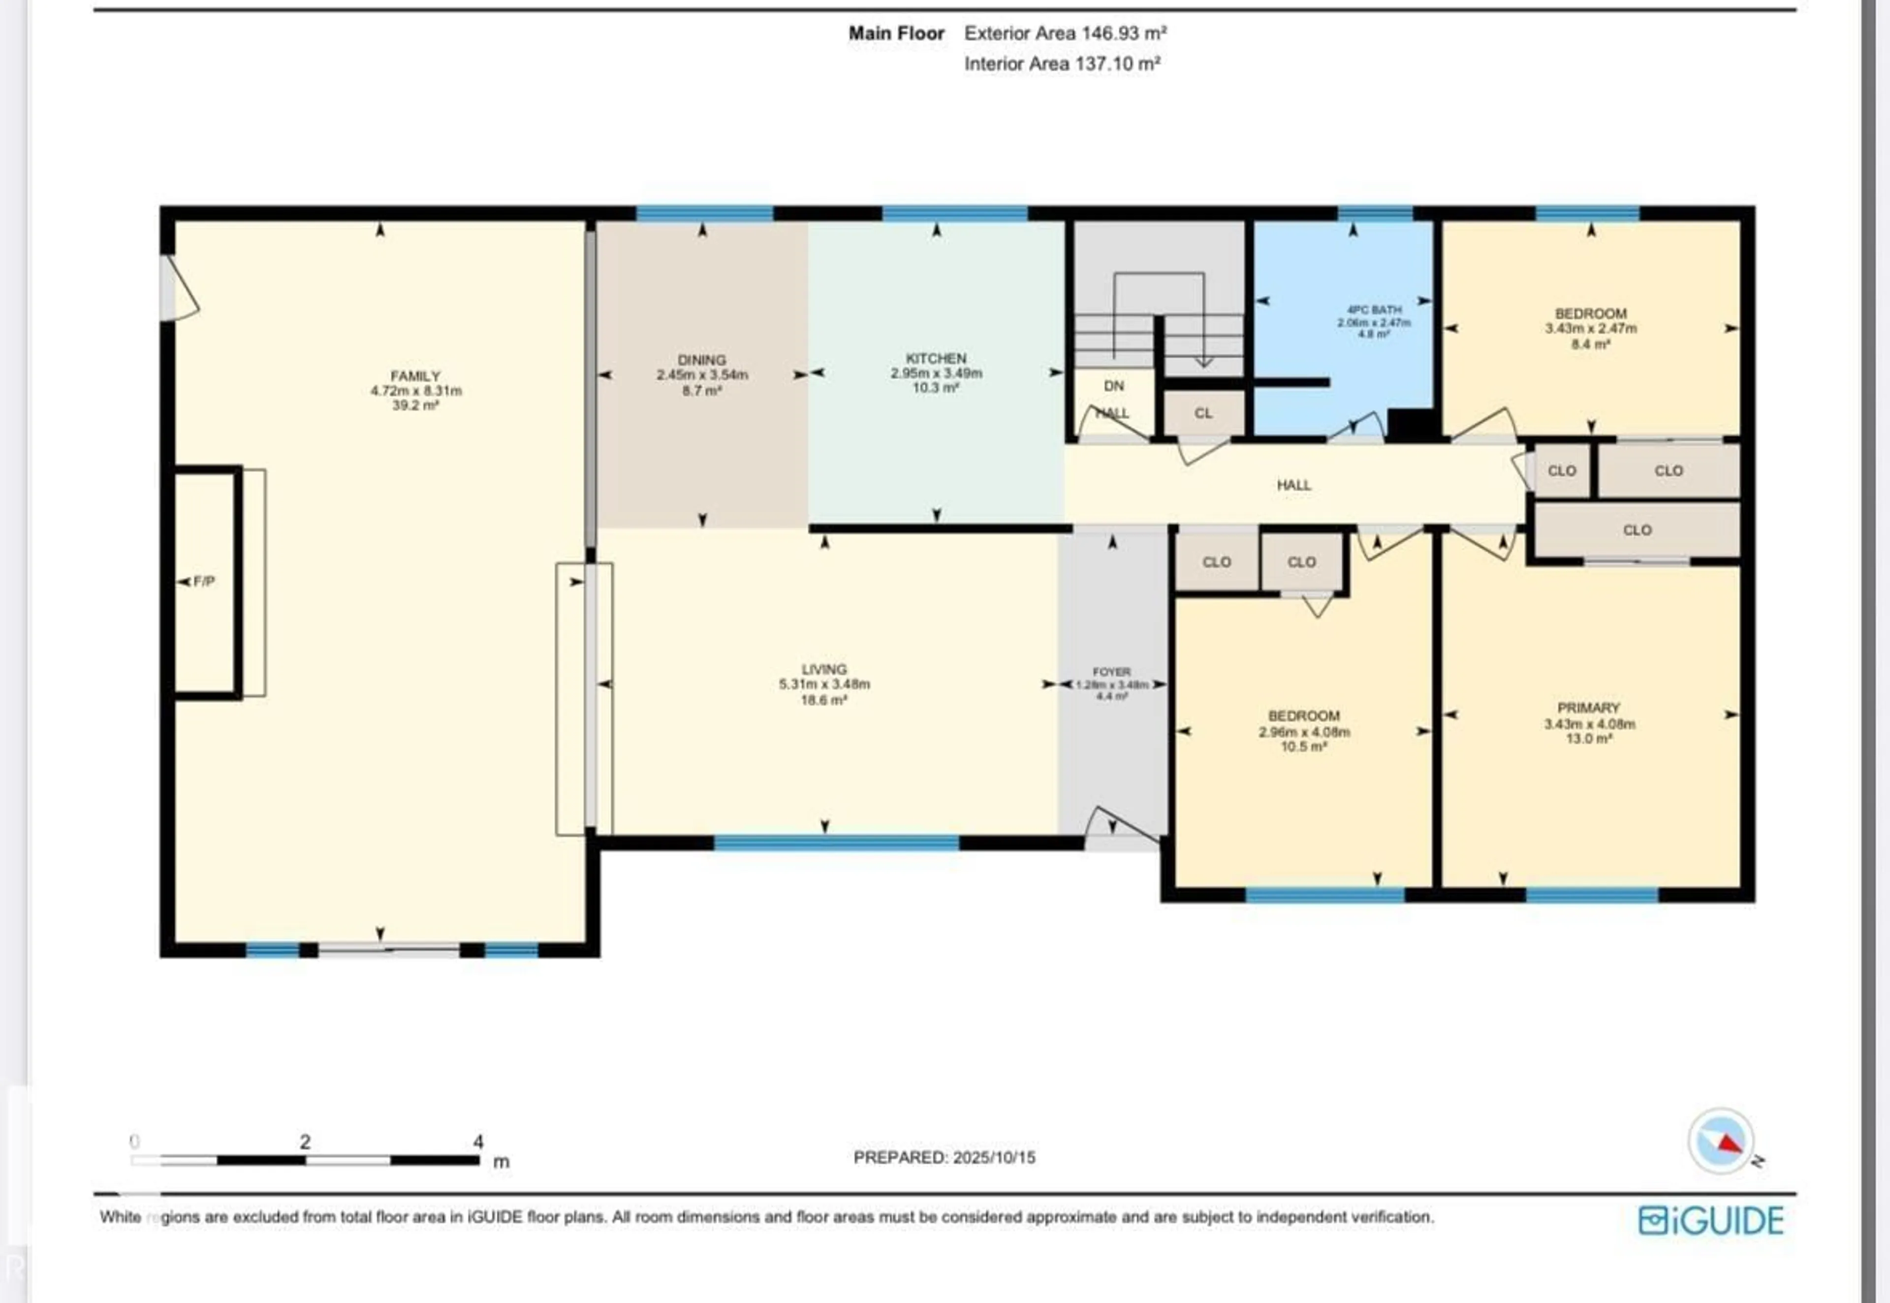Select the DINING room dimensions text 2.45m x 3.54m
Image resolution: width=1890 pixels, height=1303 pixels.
tap(702, 375)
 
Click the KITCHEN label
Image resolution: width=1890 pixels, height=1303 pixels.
tap(936, 358)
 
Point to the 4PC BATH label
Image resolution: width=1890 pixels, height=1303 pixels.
tap(1374, 310)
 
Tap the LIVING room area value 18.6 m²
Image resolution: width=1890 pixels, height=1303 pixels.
tap(824, 700)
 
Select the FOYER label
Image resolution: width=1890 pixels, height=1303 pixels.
tap(1111, 671)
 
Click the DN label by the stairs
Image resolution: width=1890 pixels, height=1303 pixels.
tap(1114, 385)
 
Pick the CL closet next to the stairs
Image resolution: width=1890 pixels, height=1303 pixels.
tap(1203, 413)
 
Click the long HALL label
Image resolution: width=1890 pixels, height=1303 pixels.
tap(1294, 485)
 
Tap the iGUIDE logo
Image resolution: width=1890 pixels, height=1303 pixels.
tap(1710, 1220)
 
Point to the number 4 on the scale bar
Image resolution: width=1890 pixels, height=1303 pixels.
tap(478, 1141)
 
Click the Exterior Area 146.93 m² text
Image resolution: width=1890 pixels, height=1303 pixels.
tap(1066, 33)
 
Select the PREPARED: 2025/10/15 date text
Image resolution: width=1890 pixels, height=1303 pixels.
tap(945, 1157)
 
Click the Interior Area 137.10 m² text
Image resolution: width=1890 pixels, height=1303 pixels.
tap(1062, 63)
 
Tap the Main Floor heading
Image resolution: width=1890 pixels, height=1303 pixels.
tap(896, 33)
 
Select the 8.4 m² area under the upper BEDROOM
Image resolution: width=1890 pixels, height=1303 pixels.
tap(1590, 344)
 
